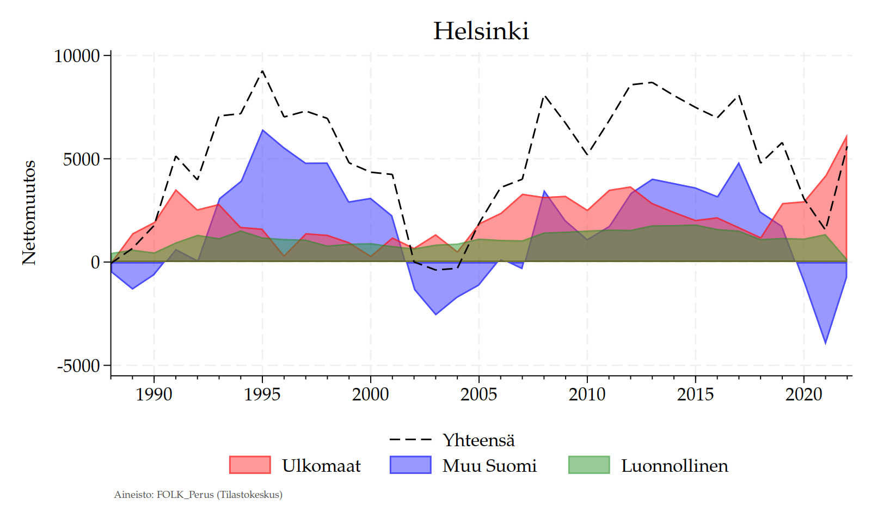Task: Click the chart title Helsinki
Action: click(x=481, y=31)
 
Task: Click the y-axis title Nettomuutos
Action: click(x=29, y=212)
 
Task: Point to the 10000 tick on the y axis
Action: click(x=77, y=56)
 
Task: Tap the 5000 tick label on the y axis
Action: click(x=81, y=159)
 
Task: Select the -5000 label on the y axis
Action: click(x=79, y=366)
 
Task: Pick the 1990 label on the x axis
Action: click(x=154, y=394)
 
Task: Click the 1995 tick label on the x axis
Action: click(x=262, y=394)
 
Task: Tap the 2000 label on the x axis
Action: click(x=371, y=394)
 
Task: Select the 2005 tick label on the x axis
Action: click(x=479, y=394)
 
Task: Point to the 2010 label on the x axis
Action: click(x=587, y=394)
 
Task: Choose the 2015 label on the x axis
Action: click(x=695, y=394)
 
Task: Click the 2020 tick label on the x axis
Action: click(x=803, y=394)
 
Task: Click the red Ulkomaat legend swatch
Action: click(x=250, y=465)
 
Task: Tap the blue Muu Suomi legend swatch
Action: click(x=410, y=465)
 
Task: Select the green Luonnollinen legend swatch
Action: click(x=589, y=465)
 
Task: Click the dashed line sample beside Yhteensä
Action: click(x=410, y=440)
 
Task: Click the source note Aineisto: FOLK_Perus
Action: click(x=198, y=495)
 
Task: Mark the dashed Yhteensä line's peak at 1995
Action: click(x=262, y=71)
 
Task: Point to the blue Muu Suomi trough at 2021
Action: click(x=826, y=343)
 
